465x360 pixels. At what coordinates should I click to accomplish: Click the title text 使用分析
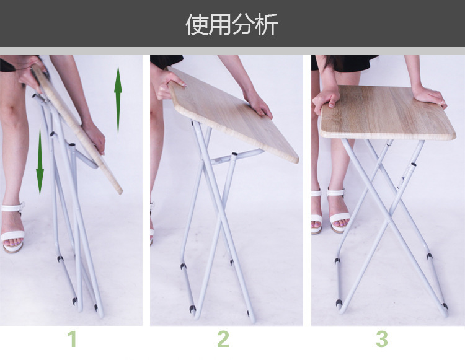[232, 24]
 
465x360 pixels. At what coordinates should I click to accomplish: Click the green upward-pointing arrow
[118, 103]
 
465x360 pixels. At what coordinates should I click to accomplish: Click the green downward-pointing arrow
[40, 158]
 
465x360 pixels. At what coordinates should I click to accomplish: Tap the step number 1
[73, 339]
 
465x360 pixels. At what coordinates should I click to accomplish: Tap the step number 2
[223, 339]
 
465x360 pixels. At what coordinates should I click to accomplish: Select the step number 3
[382, 339]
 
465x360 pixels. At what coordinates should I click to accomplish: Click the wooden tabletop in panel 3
[387, 112]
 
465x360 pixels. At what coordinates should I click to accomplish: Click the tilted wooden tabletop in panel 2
[232, 114]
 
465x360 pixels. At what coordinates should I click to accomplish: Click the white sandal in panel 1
[12, 228]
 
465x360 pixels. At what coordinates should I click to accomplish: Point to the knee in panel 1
[12, 110]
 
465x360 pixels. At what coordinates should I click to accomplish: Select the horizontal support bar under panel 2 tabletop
[234, 156]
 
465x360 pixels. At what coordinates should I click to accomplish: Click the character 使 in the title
[197, 24]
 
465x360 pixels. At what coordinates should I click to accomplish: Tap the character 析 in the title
[267, 24]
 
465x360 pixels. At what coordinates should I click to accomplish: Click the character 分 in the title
[243, 24]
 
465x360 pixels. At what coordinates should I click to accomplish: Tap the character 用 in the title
[220, 24]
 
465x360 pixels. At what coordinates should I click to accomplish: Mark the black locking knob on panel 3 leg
[413, 164]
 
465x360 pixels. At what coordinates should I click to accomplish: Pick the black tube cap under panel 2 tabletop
[234, 154]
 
